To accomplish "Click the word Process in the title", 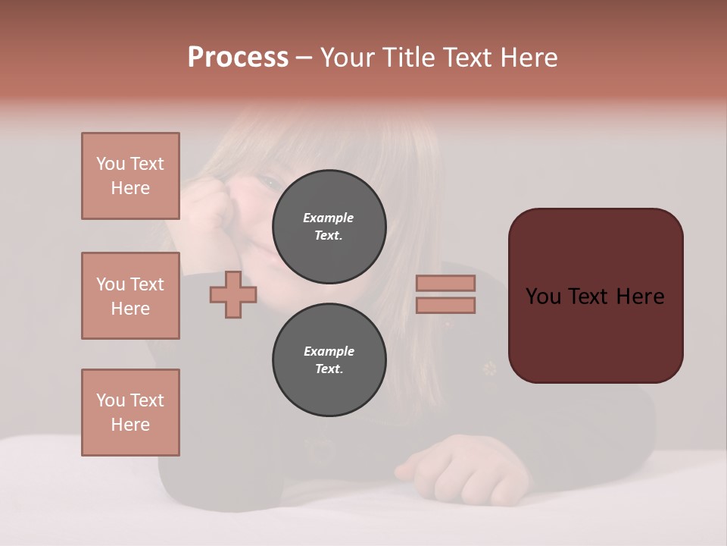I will (238, 58).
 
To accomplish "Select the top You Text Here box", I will (130, 176).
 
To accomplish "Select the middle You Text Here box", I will (130, 296).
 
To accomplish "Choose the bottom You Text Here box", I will (130, 413).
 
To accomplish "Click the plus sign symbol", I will (233, 294).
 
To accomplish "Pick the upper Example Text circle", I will (329, 227).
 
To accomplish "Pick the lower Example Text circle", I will (329, 360).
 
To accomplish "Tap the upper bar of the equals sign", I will (445, 283).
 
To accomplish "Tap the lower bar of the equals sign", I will (445, 305).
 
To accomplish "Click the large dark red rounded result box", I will (595, 296).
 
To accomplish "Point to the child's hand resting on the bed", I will (462, 466).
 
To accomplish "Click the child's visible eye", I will (269, 181).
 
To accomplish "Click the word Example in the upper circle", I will (329, 218).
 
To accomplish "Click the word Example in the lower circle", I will (329, 351).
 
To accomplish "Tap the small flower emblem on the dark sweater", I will (490, 369).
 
